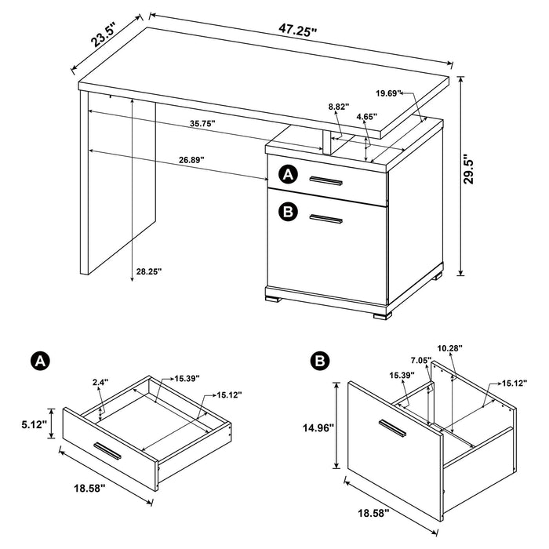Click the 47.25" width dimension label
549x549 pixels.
[x=297, y=32]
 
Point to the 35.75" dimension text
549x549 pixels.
[x=202, y=123]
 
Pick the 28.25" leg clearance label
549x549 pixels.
[x=147, y=271]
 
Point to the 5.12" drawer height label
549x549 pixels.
[x=36, y=424]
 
